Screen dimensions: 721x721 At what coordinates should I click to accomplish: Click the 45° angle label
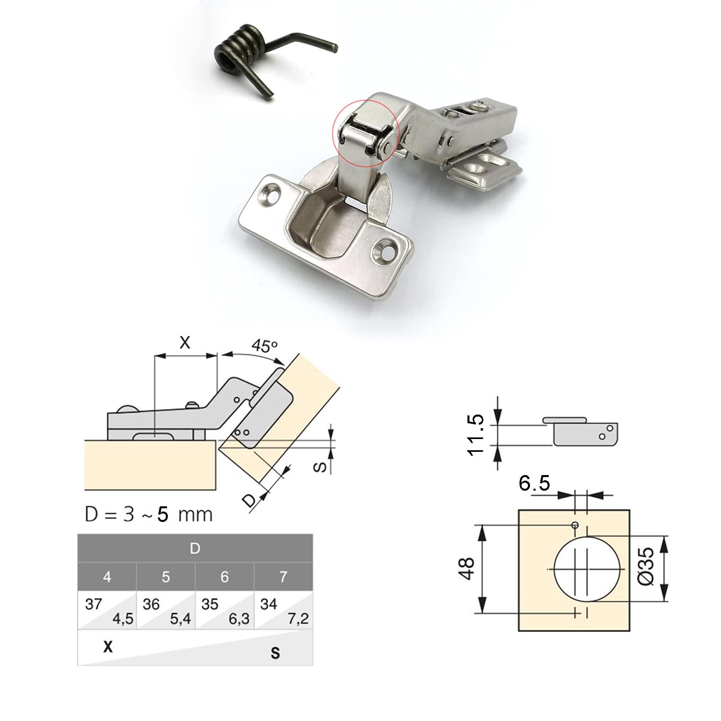coord(264,345)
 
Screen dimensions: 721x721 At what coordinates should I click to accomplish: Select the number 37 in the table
coord(93,604)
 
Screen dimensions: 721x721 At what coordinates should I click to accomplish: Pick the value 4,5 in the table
coord(123,619)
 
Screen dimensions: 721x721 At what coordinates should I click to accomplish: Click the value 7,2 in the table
coord(298,619)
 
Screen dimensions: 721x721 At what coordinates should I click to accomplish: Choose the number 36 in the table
coord(151,604)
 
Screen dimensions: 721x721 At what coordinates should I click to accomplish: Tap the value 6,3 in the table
coord(239,619)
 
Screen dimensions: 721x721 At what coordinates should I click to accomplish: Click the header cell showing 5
coord(166,577)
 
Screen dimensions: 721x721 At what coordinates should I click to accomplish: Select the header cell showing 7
coord(284,577)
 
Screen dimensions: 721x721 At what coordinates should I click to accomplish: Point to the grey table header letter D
coord(195,548)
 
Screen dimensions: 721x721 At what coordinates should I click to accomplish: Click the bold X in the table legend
coord(108,647)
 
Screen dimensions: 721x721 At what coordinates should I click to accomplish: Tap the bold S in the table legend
coord(275,653)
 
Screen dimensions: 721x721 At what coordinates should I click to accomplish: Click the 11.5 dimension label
coord(476,435)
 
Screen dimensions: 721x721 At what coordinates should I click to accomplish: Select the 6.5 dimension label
coord(534,483)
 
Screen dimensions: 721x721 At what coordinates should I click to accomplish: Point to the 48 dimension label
coord(466,568)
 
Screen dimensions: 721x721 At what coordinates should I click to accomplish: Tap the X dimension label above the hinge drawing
coord(185,342)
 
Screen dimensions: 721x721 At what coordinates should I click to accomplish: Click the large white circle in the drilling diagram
coord(554,568)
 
